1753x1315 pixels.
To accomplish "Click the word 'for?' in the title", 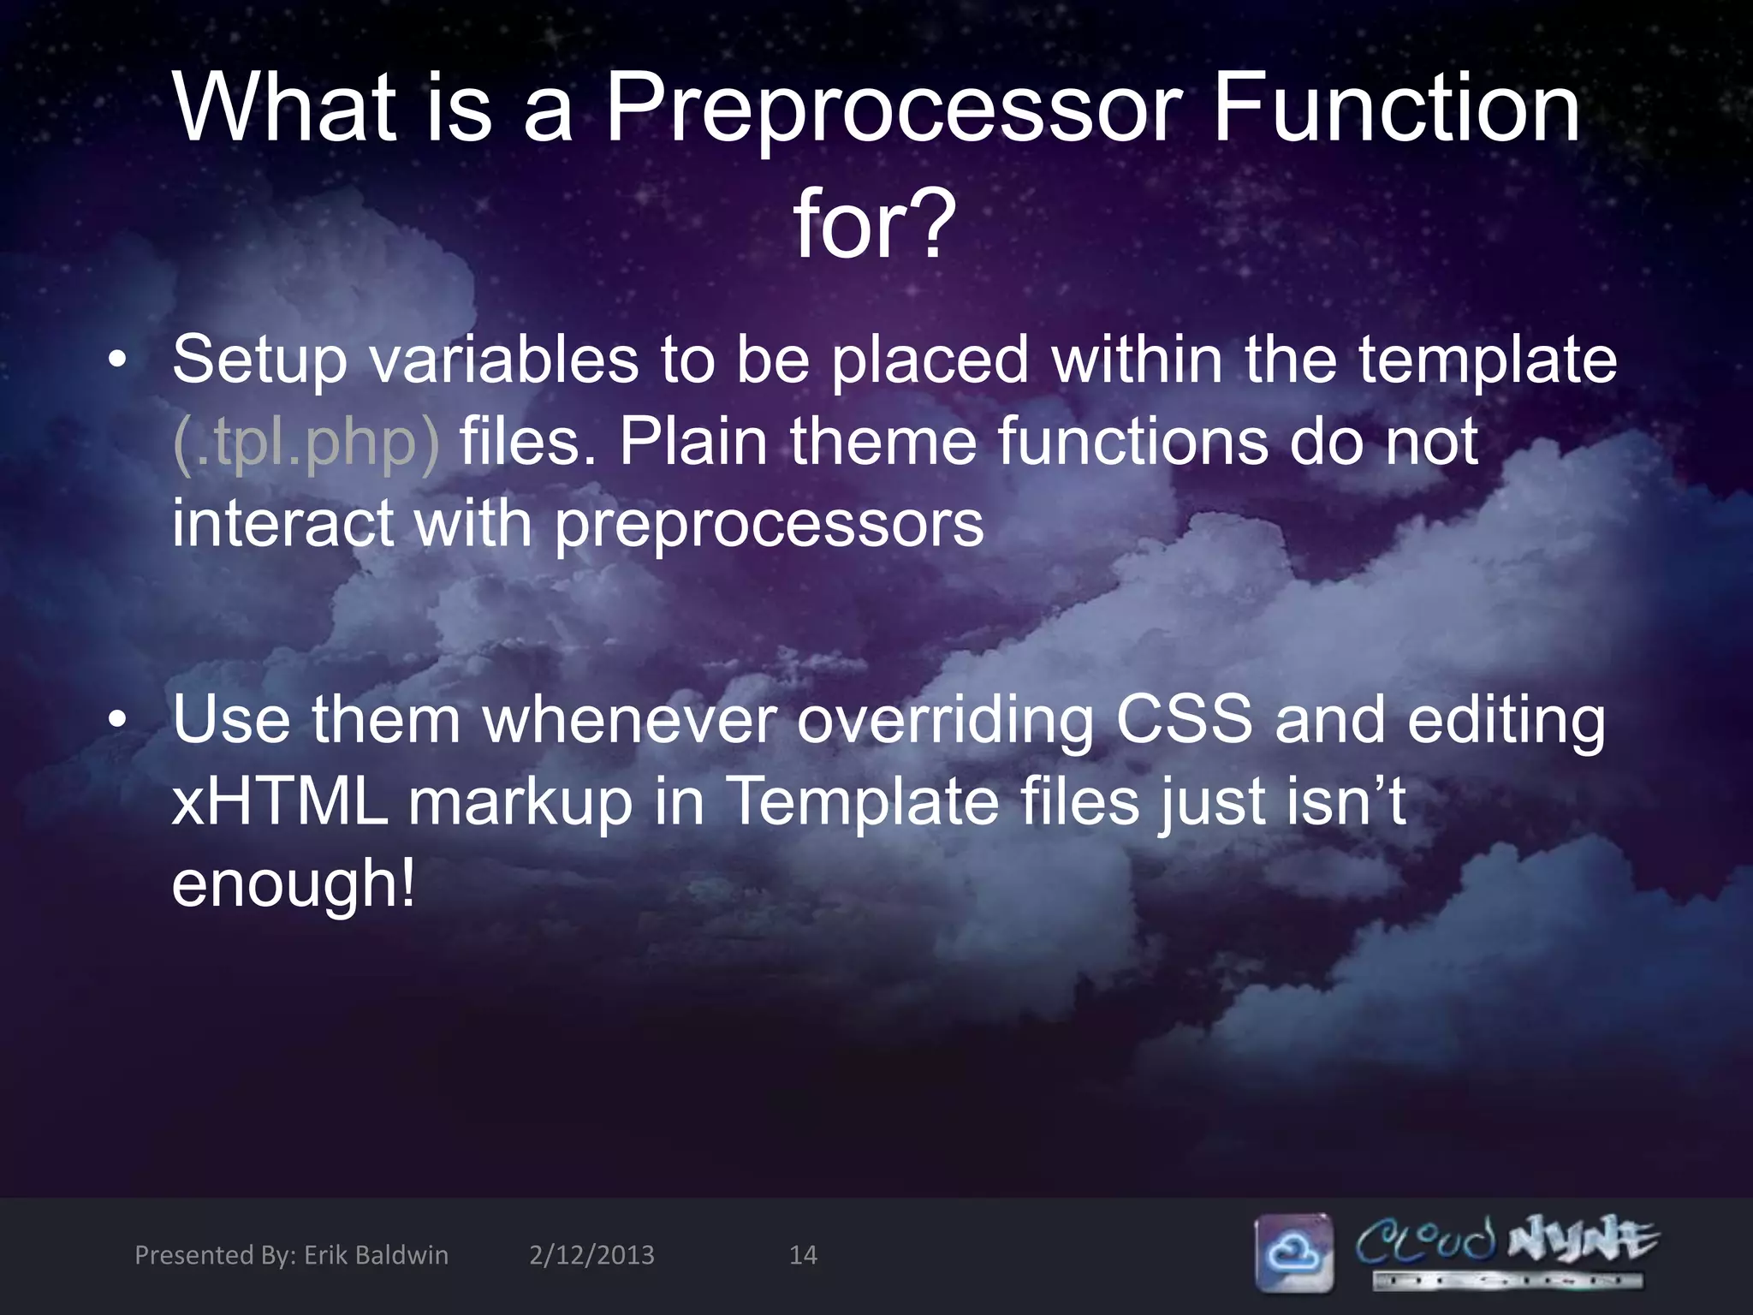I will (874, 224).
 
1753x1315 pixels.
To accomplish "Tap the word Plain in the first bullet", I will (693, 442).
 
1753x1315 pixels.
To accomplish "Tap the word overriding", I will (945, 721).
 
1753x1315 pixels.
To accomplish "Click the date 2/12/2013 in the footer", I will (591, 1255).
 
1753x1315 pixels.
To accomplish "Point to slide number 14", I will (802, 1255).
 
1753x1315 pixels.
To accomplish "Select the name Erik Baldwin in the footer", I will (376, 1255).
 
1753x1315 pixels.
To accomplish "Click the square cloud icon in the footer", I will (1293, 1252).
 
